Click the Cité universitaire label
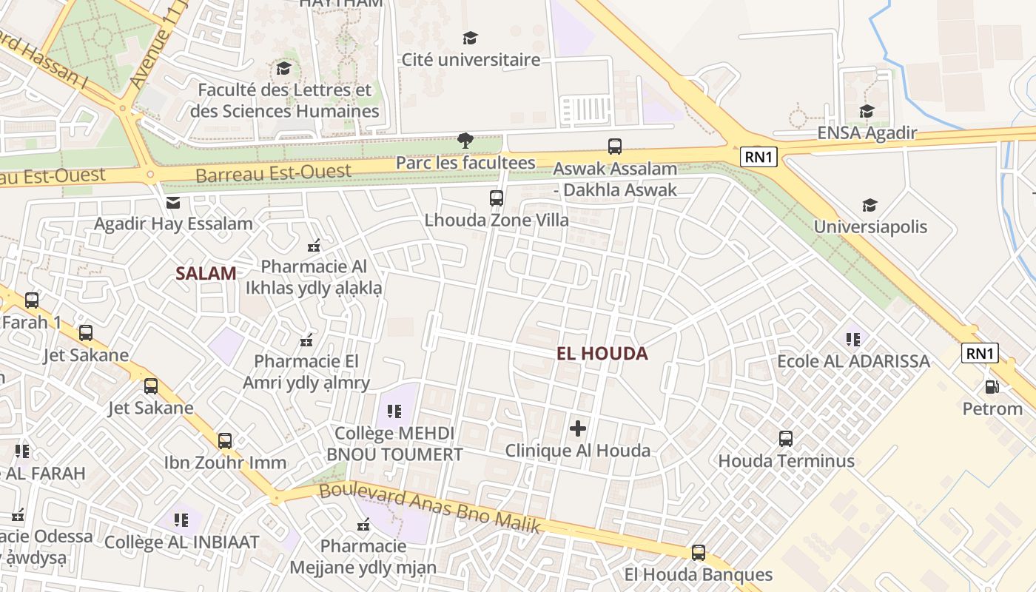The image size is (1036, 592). [x=471, y=60]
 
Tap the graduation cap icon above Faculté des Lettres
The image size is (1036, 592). [x=283, y=69]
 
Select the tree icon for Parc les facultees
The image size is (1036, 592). [x=465, y=140]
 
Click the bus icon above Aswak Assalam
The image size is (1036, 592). [x=615, y=147]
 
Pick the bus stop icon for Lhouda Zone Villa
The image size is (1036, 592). [x=497, y=198]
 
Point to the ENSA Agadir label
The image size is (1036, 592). [x=867, y=133]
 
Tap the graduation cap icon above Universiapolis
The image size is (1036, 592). [x=870, y=205]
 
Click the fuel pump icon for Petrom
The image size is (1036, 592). [x=992, y=386]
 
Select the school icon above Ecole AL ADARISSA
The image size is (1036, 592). [x=853, y=339]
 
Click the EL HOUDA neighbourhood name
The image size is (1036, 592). [x=602, y=354]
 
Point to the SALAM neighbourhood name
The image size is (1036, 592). [x=206, y=273]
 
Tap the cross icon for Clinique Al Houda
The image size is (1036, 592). [x=578, y=428]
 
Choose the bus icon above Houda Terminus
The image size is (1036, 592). [x=786, y=439]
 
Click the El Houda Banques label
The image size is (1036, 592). [x=698, y=575]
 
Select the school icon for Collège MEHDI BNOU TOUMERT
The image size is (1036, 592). [x=394, y=411]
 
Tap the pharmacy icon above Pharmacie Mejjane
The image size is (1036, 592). [x=363, y=525]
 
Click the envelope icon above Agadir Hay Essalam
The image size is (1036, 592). [x=172, y=202]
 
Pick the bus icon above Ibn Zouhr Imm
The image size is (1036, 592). [x=225, y=441]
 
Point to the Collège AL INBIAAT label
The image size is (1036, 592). [x=181, y=542]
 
